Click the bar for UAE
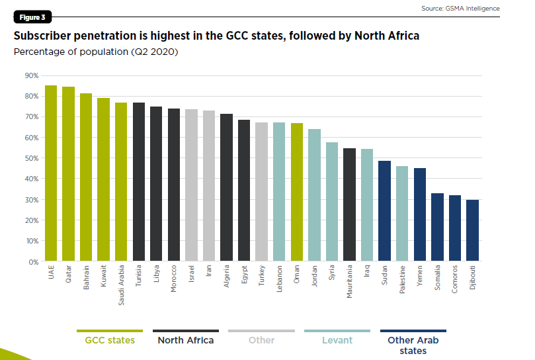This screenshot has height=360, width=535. tap(51, 173)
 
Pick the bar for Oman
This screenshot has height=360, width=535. tap(297, 193)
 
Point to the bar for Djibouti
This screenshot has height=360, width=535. tap(473, 231)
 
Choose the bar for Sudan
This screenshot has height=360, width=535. tap(385, 212)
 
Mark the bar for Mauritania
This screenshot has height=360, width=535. tap(350, 205)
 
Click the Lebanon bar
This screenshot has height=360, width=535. tap(279, 192)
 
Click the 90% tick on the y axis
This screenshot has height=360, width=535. tap(32, 75)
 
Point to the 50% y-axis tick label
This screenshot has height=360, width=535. tap(32, 158)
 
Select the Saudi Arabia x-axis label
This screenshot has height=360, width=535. tap(121, 288)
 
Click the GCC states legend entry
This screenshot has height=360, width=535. tap(110, 340)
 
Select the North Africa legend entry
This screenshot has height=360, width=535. tap(185, 340)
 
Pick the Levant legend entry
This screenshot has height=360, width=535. tap(337, 340)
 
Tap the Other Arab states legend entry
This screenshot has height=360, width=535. tap(413, 345)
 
